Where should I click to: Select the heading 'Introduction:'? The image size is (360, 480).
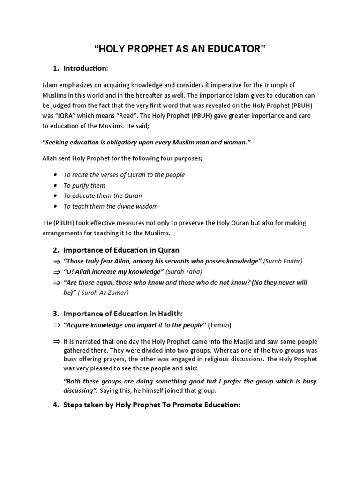pyautogui.click(x=86, y=69)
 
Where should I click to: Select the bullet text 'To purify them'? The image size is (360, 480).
pyautogui.click(x=84, y=185)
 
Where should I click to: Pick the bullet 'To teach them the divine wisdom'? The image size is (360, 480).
pyautogui.click(x=111, y=206)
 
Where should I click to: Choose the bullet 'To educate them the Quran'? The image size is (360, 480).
pyautogui.click(x=103, y=195)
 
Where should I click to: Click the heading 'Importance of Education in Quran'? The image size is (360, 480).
pyautogui.click(x=121, y=250)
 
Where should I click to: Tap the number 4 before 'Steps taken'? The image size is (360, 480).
pyautogui.click(x=55, y=405)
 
